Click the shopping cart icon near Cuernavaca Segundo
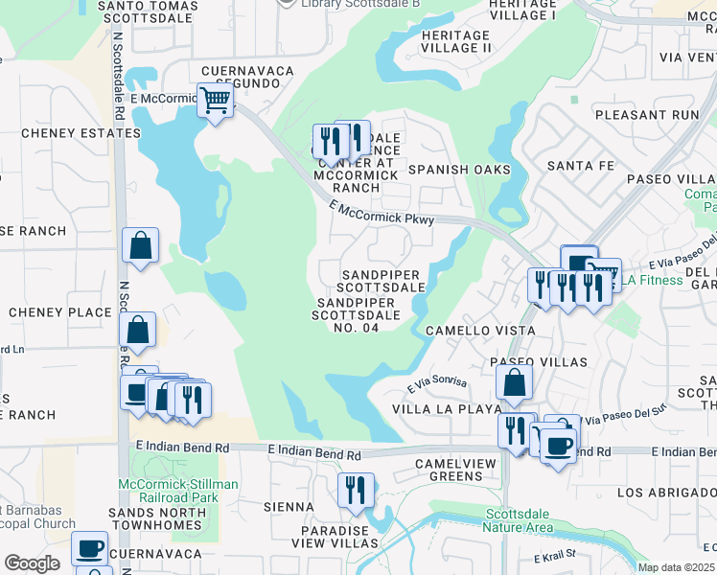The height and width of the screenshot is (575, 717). point(216,99)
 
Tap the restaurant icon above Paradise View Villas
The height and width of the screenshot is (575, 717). point(356,490)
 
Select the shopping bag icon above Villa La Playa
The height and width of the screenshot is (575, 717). point(514,382)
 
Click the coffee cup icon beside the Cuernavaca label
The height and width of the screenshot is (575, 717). point(89,548)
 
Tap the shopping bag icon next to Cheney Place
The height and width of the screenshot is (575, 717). point(137,330)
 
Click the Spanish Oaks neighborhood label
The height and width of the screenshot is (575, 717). point(451,170)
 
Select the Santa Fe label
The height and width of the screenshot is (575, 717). point(580,166)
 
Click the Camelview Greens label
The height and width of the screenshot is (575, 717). point(449,470)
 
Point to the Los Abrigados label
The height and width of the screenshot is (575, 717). point(664,493)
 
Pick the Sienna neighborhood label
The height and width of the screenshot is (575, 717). point(291,506)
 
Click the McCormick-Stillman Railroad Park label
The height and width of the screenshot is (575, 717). point(178,491)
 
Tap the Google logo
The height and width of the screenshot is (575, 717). point(32,563)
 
